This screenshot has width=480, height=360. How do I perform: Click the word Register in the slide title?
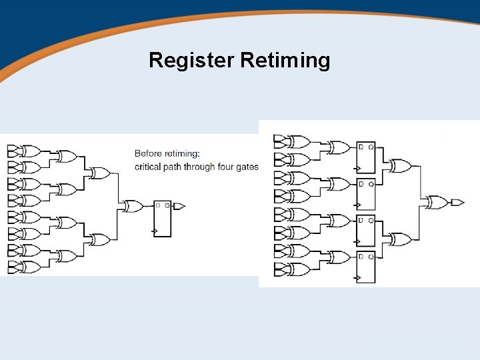(x=191, y=60)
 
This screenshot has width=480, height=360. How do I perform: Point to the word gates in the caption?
(x=248, y=167)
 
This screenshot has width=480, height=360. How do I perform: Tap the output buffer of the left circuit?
(x=179, y=206)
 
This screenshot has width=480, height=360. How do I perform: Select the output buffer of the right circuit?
(x=457, y=202)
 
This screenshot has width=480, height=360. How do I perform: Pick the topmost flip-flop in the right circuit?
(x=366, y=157)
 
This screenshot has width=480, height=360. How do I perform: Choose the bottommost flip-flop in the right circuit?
(x=366, y=267)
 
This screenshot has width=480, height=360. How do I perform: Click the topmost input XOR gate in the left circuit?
(x=31, y=151)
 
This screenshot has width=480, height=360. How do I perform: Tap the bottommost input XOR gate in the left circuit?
(x=31, y=267)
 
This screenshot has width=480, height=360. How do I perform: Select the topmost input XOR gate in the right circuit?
(x=299, y=141)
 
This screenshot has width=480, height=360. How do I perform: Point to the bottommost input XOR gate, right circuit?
(x=299, y=270)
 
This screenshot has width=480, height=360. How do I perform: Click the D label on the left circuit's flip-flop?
(x=158, y=205)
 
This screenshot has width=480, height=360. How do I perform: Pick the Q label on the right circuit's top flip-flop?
(x=371, y=147)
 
